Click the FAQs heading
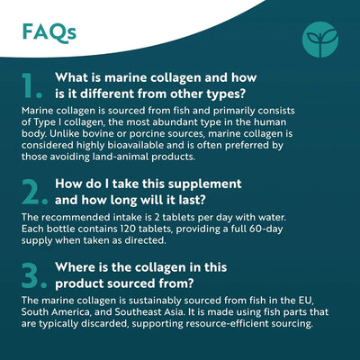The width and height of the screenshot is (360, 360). pos(50,32)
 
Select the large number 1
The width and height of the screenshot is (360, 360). pos(33,84)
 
